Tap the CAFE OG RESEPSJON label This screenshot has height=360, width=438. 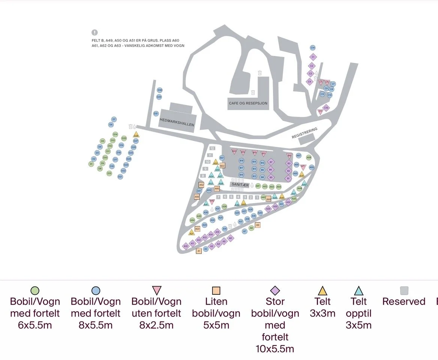(x=248, y=103)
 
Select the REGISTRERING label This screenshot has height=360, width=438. (x=304, y=133)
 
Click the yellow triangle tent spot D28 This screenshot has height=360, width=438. (x=136, y=135)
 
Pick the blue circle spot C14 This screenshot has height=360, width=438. (x=313, y=48)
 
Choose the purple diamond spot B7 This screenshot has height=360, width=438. (x=271, y=162)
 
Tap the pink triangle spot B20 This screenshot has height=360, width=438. (x=234, y=152)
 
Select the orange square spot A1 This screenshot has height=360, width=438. (x=199, y=251)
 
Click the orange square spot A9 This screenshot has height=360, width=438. (x=258, y=225)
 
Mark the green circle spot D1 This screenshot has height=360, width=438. (x=91, y=164)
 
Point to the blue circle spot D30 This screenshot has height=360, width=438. (x=160, y=90)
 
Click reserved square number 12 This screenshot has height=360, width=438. (x=212, y=148)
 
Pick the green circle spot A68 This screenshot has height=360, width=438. (x=309, y=158)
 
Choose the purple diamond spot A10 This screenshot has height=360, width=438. (x=185, y=246)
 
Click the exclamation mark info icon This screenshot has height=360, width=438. (x=94, y=33)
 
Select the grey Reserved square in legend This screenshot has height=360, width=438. (x=404, y=291)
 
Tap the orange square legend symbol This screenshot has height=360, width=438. (x=216, y=291)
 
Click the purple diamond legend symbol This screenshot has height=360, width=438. (x=275, y=291)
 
